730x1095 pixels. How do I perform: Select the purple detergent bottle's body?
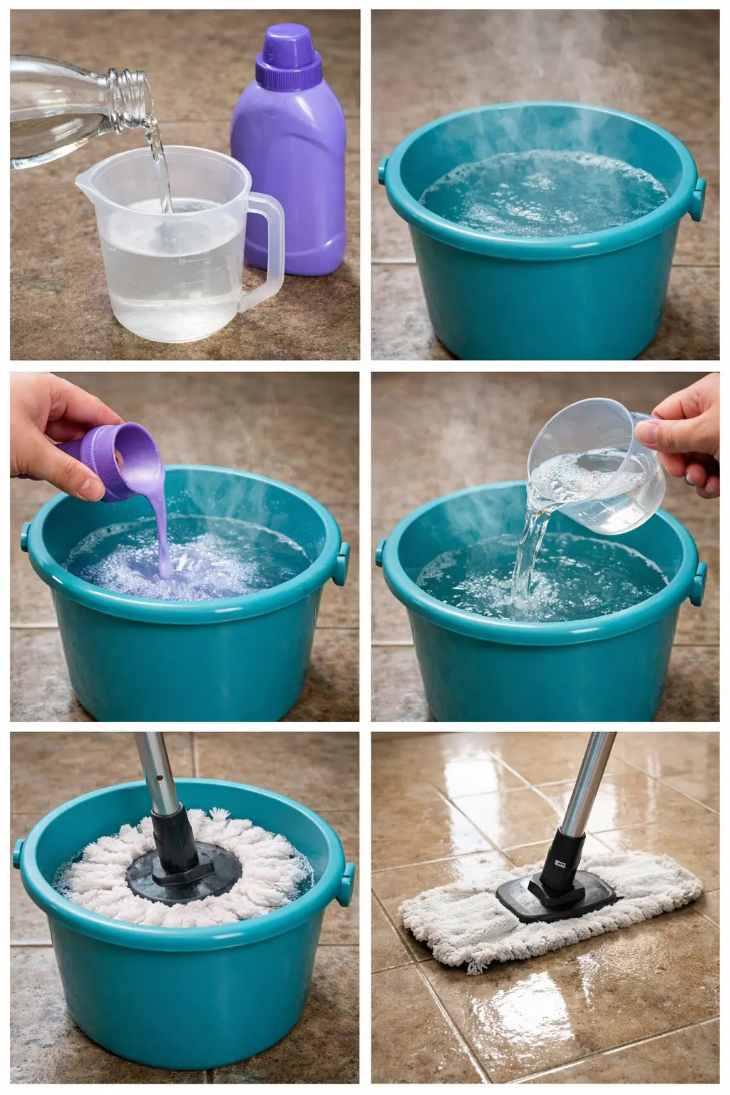(289, 178)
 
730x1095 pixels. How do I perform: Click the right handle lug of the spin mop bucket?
(347, 884)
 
